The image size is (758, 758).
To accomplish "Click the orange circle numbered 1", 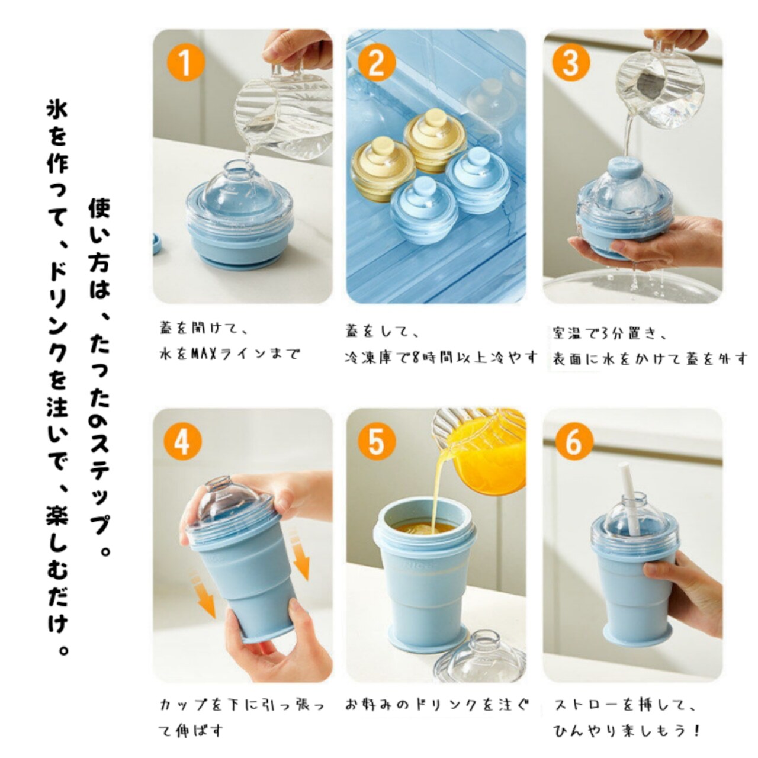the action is click(x=186, y=63).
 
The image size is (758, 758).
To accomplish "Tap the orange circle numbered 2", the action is click(x=377, y=63).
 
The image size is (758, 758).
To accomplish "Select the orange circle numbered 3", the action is click(x=571, y=63).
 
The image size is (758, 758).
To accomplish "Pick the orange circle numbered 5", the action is click(x=377, y=442).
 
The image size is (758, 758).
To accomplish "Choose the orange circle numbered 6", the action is click(x=574, y=442).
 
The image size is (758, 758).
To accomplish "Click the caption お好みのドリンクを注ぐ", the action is click(x=437, y=705).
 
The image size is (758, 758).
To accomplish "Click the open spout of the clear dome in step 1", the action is click(x=240, y=165).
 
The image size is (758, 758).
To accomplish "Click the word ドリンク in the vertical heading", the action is click(x=57, y=314).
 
